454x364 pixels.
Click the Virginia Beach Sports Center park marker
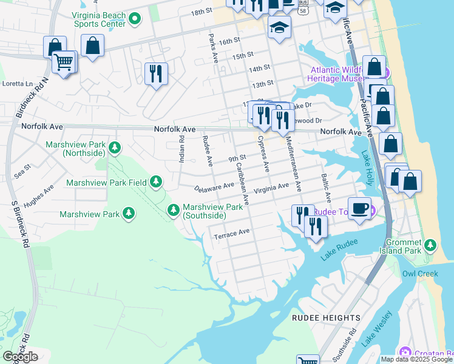coord(135,19)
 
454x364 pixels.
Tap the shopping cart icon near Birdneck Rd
coord(64,61)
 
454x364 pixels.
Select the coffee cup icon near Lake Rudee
coord(359,208)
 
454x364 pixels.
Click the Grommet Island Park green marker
coord(430,245)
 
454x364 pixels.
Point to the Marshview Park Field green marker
coord(157,181)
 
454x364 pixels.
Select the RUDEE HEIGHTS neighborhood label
coord(326,318)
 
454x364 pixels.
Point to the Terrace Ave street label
coord(231,233)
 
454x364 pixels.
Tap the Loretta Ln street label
coord(18,84)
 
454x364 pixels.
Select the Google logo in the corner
coord(20,356)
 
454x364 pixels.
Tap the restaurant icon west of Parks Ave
coord(156,73)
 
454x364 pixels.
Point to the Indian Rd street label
coord(181,149)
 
